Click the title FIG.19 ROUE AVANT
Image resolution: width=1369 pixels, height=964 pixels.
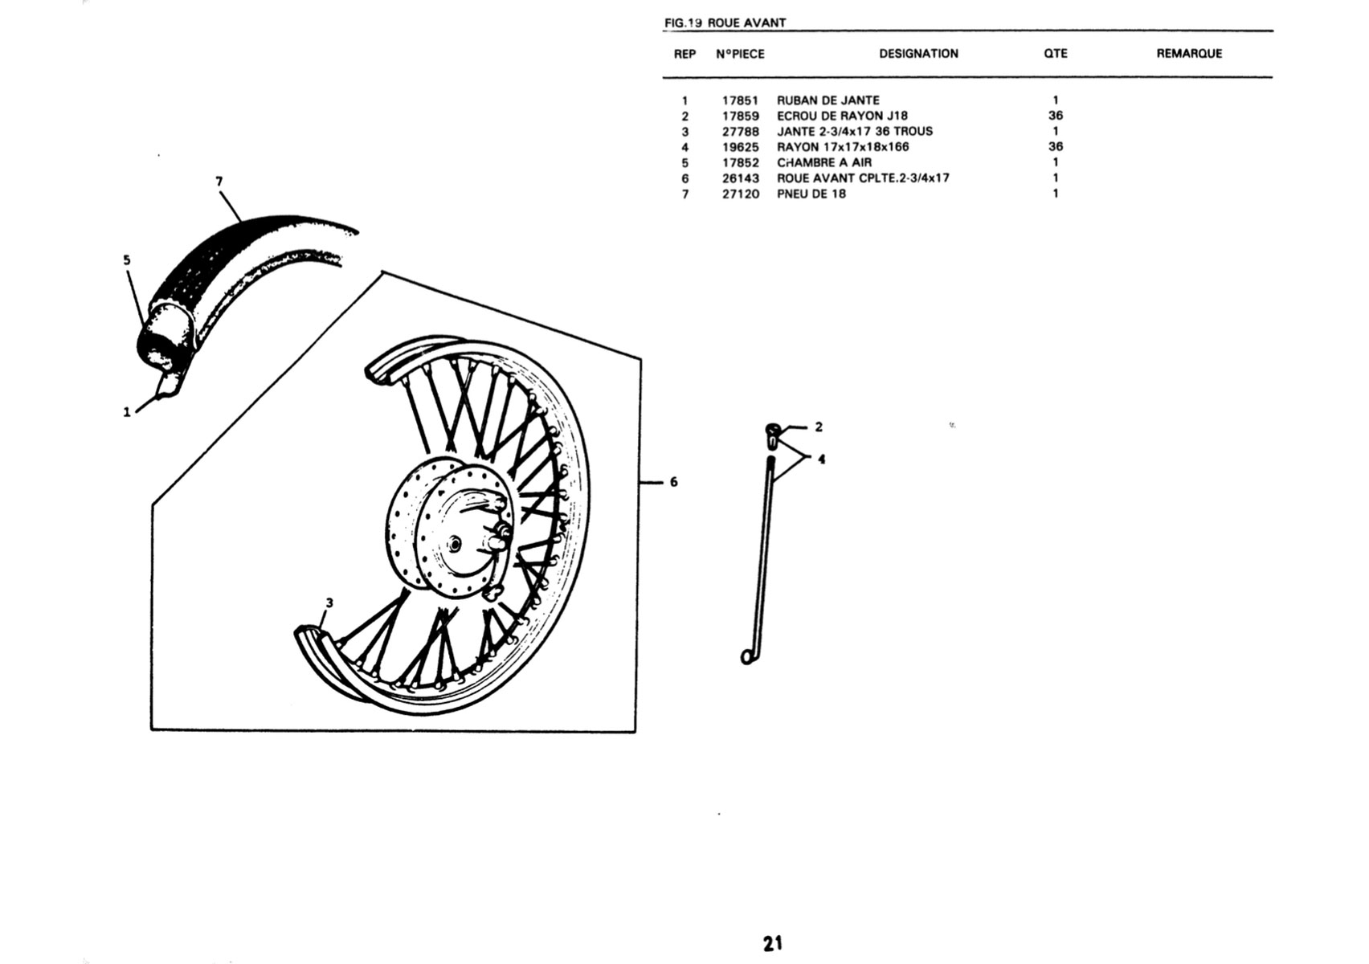coord(725,23)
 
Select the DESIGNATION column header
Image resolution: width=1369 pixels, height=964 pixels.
coord(918,54)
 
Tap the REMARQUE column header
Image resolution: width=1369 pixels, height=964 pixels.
coord(1189,54)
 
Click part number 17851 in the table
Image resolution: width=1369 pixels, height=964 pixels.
coord(740,100)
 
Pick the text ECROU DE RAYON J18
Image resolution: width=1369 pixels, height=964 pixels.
coord(842,116)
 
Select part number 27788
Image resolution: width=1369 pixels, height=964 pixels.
coord(740,132)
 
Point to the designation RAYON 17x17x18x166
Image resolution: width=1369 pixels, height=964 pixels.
coord(843,147)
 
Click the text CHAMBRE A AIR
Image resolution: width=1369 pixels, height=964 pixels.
coord(824,162)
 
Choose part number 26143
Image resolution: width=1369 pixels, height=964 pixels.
coord(740,178)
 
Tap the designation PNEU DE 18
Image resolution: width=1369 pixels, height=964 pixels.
coord(811,194)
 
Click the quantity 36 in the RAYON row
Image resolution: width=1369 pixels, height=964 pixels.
coord(1056,147)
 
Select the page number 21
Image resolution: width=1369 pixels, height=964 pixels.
coord(773,943)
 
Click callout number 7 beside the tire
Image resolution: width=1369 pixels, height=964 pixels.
coord(219,182)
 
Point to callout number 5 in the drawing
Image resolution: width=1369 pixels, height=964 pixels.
coord(126,259)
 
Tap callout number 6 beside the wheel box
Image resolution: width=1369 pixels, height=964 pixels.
coord(673,482)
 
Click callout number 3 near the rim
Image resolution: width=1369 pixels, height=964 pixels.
coord(329,602)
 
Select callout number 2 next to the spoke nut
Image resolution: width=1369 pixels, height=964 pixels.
coord(819,427)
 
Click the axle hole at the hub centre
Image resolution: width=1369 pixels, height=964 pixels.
coord(455,543)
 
